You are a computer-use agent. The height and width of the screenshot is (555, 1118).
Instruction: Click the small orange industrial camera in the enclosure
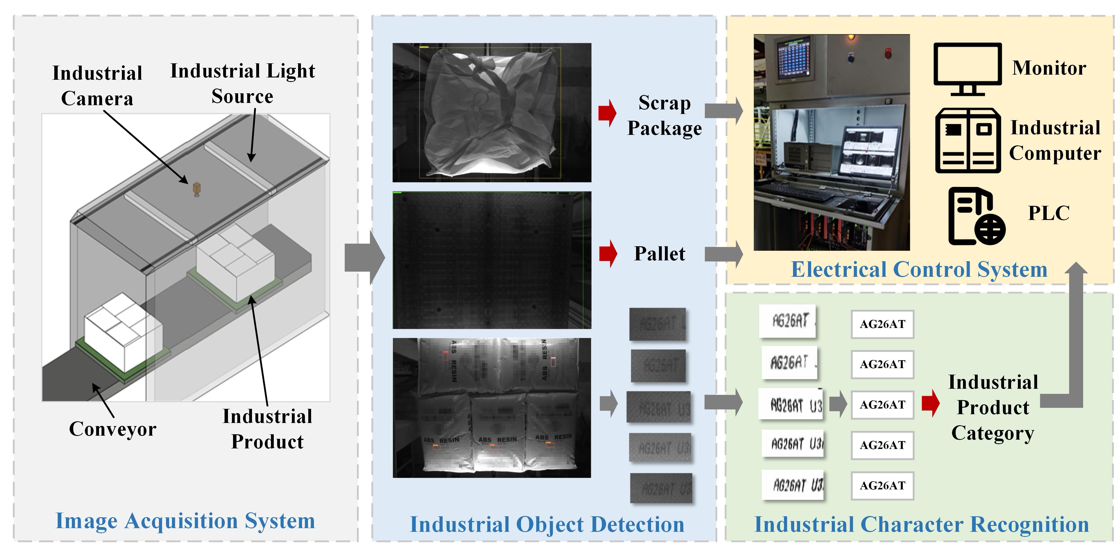point(197,189)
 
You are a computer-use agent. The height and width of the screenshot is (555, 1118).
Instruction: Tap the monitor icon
point(968,68)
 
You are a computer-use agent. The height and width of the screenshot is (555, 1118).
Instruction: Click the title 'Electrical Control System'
point(919,269)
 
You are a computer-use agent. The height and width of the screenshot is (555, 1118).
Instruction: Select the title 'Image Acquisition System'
point(185,521)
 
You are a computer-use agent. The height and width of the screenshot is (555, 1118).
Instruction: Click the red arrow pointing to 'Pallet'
point(608,253)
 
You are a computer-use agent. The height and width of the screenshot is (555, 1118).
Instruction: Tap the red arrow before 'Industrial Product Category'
point(930,403)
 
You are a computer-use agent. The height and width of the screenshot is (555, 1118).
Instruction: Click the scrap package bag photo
point(492,113)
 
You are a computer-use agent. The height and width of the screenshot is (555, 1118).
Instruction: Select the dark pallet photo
point(492,260)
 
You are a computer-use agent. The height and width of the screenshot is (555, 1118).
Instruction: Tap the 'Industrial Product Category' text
point(993,407)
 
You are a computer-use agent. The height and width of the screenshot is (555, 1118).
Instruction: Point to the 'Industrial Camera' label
point(97,85)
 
